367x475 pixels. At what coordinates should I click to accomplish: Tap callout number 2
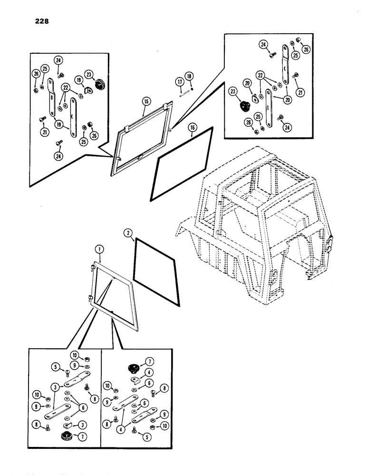click(127, 233)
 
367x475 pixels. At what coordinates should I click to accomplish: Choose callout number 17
click(180, 82)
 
